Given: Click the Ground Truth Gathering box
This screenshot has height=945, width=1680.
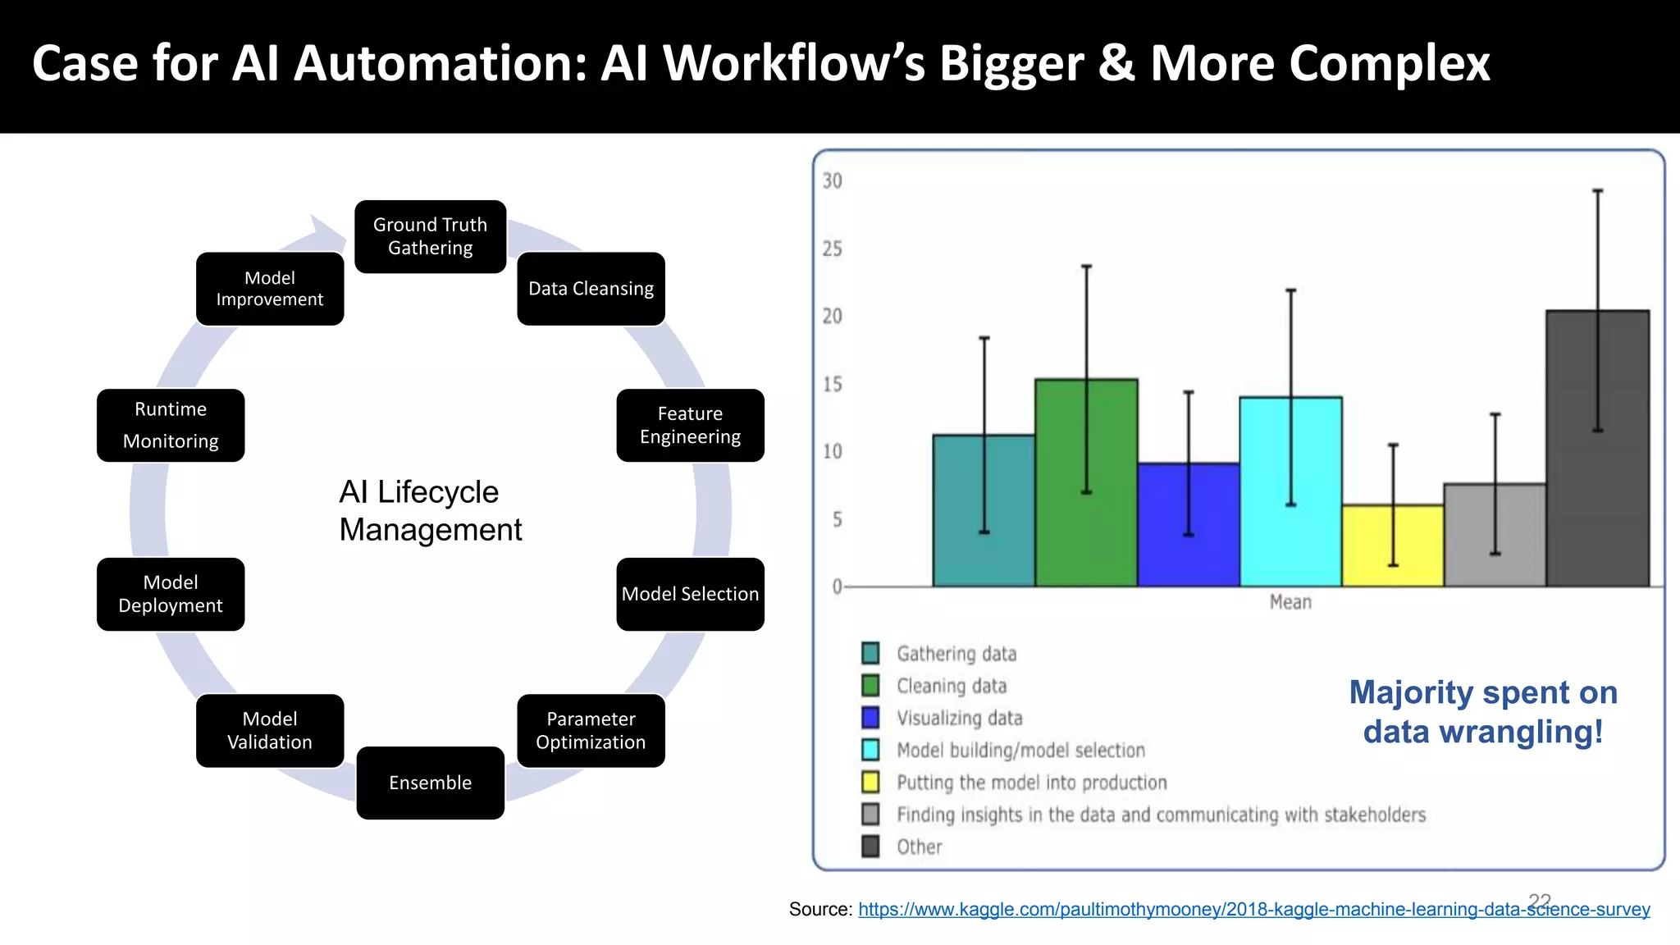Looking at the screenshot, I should tap(430, 236).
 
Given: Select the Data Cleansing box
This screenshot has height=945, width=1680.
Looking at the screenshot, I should tap(591, 289).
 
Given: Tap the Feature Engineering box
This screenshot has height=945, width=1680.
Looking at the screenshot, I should tap(690, 425).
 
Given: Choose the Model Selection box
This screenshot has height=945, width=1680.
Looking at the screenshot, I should tap(690, 594).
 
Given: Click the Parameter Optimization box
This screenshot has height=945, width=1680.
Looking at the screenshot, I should tap(591, 730).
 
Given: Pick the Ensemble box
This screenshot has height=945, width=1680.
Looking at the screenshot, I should tap(430, 783).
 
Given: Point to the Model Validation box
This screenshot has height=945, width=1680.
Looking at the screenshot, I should tap(270, 730).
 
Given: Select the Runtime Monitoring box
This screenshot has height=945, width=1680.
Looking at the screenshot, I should tap(171, 425).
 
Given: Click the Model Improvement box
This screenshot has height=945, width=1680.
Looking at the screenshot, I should tap(270, 289).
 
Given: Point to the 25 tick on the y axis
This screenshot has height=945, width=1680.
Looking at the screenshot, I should tap(833, 249).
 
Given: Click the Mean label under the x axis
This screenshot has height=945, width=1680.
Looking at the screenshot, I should tap(1290, 602).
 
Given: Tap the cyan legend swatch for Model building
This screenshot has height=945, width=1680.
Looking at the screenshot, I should tap(870, 750).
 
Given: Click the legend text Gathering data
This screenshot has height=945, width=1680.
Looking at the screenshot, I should tap(956, 654).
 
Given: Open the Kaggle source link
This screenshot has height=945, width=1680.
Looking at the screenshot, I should tap(1253, 909).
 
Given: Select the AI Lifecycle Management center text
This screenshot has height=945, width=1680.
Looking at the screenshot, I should tap(431, 510).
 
